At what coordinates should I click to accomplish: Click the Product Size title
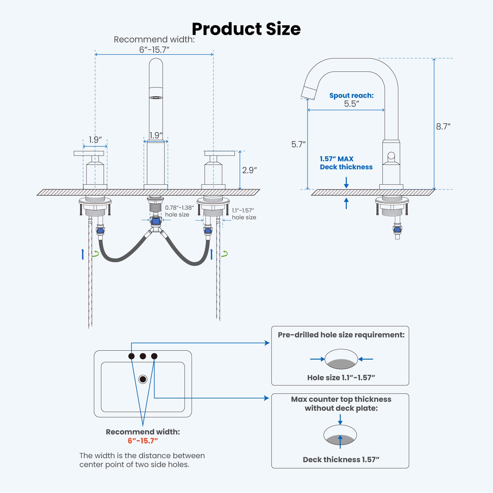246,29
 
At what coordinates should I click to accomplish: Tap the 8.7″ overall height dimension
443,127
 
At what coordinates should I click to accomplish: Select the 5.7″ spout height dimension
298,144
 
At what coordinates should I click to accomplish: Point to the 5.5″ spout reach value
352,104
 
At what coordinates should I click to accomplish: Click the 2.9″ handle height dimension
249,170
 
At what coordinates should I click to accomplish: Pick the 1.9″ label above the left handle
95,140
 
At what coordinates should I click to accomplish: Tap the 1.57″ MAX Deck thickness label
346,163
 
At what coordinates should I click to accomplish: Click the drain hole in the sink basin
143,379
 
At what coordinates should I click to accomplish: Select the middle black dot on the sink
143,356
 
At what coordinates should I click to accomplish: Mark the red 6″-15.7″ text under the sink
143,441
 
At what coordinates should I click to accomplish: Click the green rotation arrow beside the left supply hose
96,254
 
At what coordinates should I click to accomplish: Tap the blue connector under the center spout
156,221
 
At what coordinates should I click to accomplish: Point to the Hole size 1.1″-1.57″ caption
341,377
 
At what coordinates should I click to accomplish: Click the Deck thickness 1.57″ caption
341,459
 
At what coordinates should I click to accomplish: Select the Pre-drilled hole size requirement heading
341,335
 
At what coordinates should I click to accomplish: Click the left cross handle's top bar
89,153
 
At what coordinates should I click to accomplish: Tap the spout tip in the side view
309,93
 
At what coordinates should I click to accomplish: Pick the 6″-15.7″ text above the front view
154,50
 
